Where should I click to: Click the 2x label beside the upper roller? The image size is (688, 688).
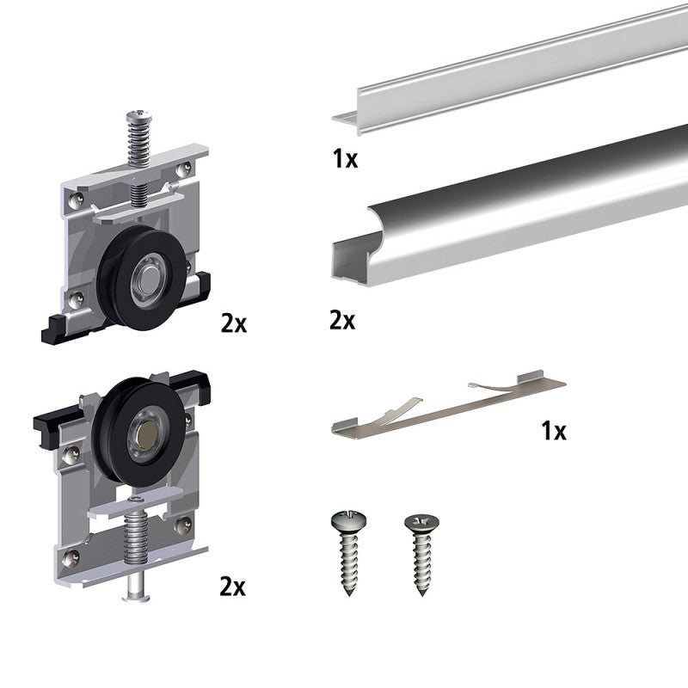(x=233, y=324)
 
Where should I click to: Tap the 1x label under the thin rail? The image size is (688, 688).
(x=345, y=160)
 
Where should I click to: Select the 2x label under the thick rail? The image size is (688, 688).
(x=342, y=320)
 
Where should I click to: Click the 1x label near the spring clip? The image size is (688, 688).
(x=554, y=431)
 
